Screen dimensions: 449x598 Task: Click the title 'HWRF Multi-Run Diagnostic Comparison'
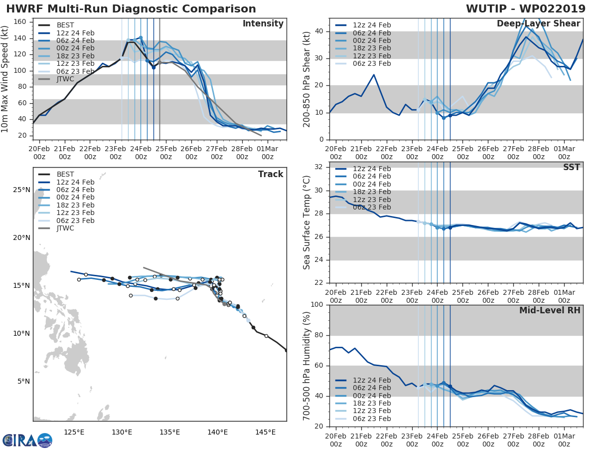(x=131, y=9)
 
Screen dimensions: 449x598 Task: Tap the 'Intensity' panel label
(x=263, y=24)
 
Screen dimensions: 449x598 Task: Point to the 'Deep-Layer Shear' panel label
(x=538, y=24)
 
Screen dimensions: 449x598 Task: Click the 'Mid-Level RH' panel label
(x=550, y=311)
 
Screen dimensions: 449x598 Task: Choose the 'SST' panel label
(x=572, y=168)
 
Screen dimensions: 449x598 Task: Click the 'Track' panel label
(x=271, y=174)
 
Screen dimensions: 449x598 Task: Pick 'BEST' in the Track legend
(x=65, y=174)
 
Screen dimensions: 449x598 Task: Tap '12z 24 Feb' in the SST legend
(x=372, y=169)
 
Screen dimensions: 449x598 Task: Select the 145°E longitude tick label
(x=265, y=432)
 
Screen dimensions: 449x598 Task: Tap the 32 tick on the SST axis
(x=320, y=167)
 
